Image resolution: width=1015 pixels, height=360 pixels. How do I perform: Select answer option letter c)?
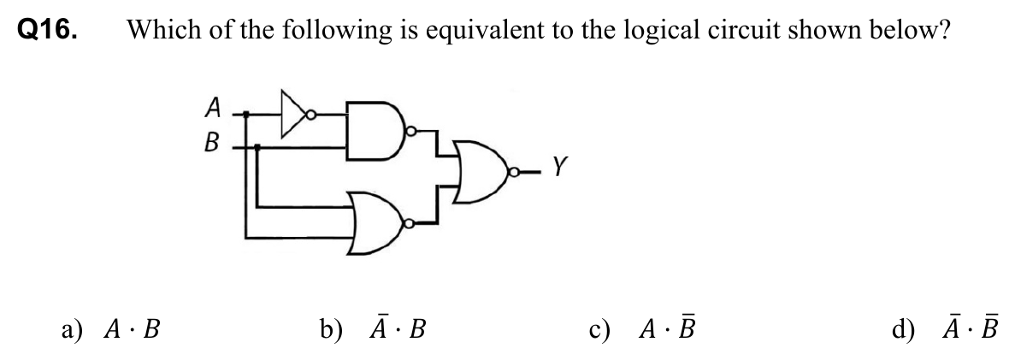pyautogui.click(x=598, y=328)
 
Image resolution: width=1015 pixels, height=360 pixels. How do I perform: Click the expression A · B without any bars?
pyautogui.click(x=133, y=328)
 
